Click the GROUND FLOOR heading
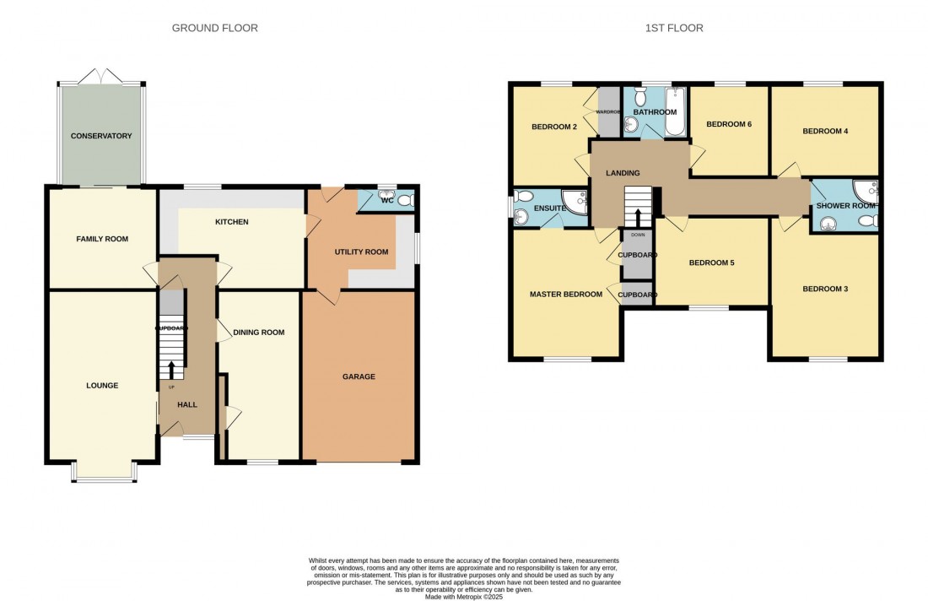(214, 28)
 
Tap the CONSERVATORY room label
(101, 136)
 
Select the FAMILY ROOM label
(102, 239)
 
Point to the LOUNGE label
(102, 385)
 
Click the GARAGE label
(359, 376)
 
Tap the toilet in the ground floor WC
(404, 200)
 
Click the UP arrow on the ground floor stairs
(172, 370)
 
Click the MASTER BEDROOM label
(565, 295)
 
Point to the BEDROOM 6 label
(728, 124)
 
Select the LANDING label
(623, 173)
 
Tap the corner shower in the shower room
(865, 189)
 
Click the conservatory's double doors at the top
(101, 76)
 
